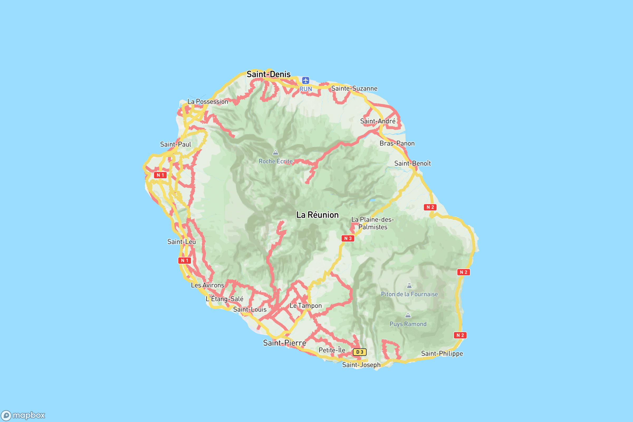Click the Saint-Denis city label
[268, 74]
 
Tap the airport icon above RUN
[305, 80]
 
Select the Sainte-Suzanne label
[354, 89]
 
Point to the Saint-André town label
[378, 121]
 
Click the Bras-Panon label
[397, 143]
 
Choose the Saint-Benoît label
[412, 163]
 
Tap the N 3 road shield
[348, 238]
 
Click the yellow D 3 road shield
[359, 352]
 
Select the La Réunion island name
[317, 215]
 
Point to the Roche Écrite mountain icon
[275, 153]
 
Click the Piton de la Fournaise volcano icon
[409, 286]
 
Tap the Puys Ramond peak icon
[408, 315]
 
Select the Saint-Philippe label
[442, 354]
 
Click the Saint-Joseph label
[361, 365]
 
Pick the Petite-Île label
[332, 350]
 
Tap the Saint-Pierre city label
[285, 343]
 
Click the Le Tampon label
[305, 306]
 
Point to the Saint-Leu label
[181, 242]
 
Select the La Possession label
[208, 102]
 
